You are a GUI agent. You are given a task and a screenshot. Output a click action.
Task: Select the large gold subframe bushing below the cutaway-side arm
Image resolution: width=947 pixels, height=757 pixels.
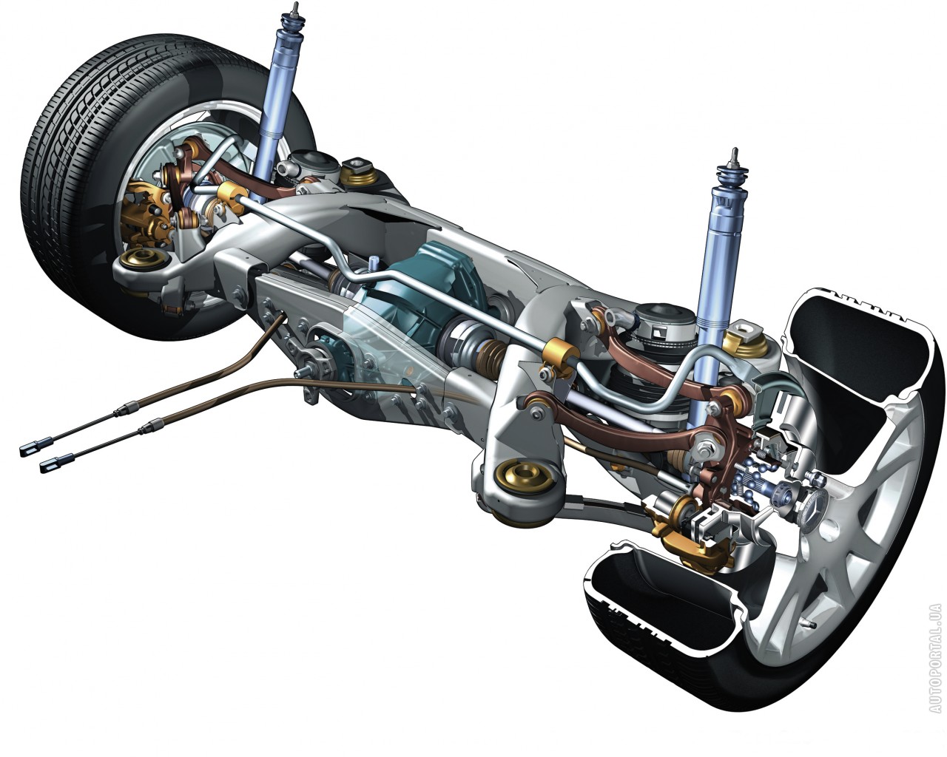click(x=525, y=477)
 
